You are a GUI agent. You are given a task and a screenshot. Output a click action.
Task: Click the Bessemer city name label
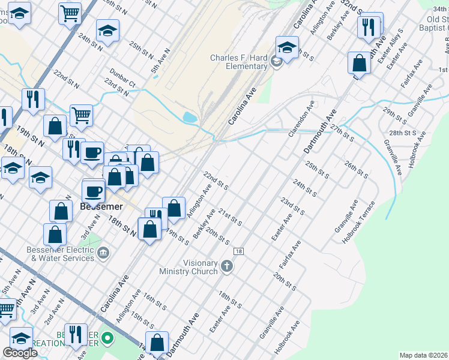coord(101,206)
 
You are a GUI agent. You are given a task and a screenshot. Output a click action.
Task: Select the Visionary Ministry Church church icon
coord(227,266)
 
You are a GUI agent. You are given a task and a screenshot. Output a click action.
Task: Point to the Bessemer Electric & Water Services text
coord(61,254)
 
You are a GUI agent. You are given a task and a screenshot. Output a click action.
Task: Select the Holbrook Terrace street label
coord(358,222)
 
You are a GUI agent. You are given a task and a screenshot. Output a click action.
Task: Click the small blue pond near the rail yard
coord(190,118)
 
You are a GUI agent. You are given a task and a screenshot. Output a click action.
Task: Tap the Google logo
coord(20,353)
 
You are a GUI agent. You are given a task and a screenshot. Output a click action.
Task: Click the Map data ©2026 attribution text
coord(423,355)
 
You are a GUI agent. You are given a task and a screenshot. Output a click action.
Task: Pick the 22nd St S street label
coord(215,180)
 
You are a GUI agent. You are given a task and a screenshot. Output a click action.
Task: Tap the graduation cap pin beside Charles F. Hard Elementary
coord(288,48)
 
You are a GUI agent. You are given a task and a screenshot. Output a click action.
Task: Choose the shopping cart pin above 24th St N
coord(70,13)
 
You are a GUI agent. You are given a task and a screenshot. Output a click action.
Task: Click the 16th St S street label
coord(155,303)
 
